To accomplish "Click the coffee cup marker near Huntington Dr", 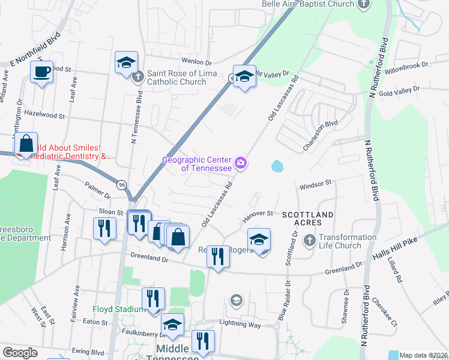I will pyautogui.click(x=41, y=73).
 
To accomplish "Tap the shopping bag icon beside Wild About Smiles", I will pyautogui.click(x=26, y=145).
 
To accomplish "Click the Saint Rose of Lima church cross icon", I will pyautogui.click(x=138, y=76).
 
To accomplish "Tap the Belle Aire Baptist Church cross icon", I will pyautogui.click(x=363, y=4).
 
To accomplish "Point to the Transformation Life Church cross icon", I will pyautogui.click(x=309, y=241).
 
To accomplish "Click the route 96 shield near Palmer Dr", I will pyautogui.click(x=122, y=184).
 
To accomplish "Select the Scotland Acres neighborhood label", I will pyautogui.click(x=307, y=218).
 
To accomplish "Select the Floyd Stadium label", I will pyautogui.click(x=118, y=309).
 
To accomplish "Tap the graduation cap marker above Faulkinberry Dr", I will pyautogui.click(x=173, y=325).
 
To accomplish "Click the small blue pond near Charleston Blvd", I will pyautogui.click(x=277, y=166).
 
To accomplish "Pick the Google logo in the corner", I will pyautogui.click(x=20, y=353).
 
